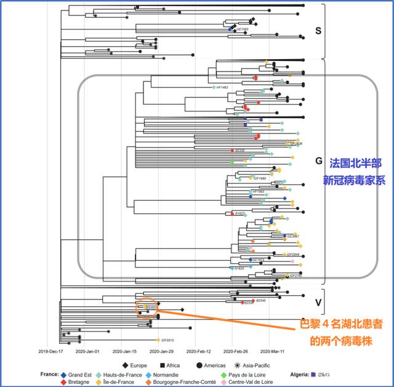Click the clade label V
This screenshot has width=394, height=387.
318,303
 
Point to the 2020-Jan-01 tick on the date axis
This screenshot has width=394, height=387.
88,352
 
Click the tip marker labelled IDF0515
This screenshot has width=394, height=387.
159,340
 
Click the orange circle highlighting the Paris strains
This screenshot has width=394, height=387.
147,306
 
